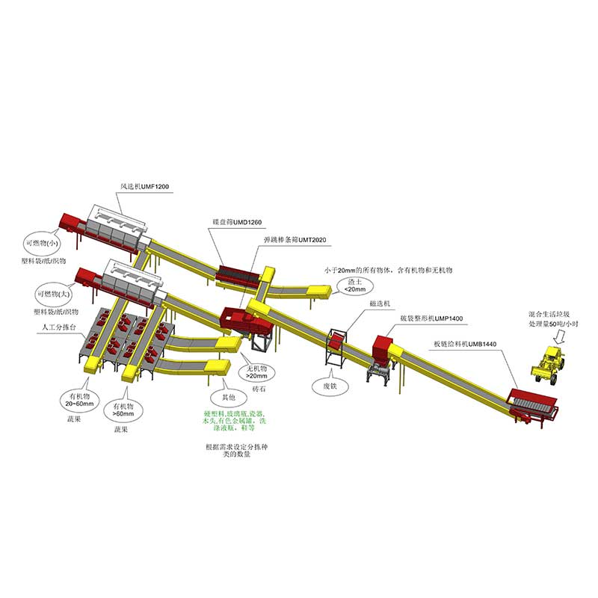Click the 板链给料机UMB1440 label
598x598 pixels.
tap(465, 345)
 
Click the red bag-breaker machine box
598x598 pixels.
tap(383, 348)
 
